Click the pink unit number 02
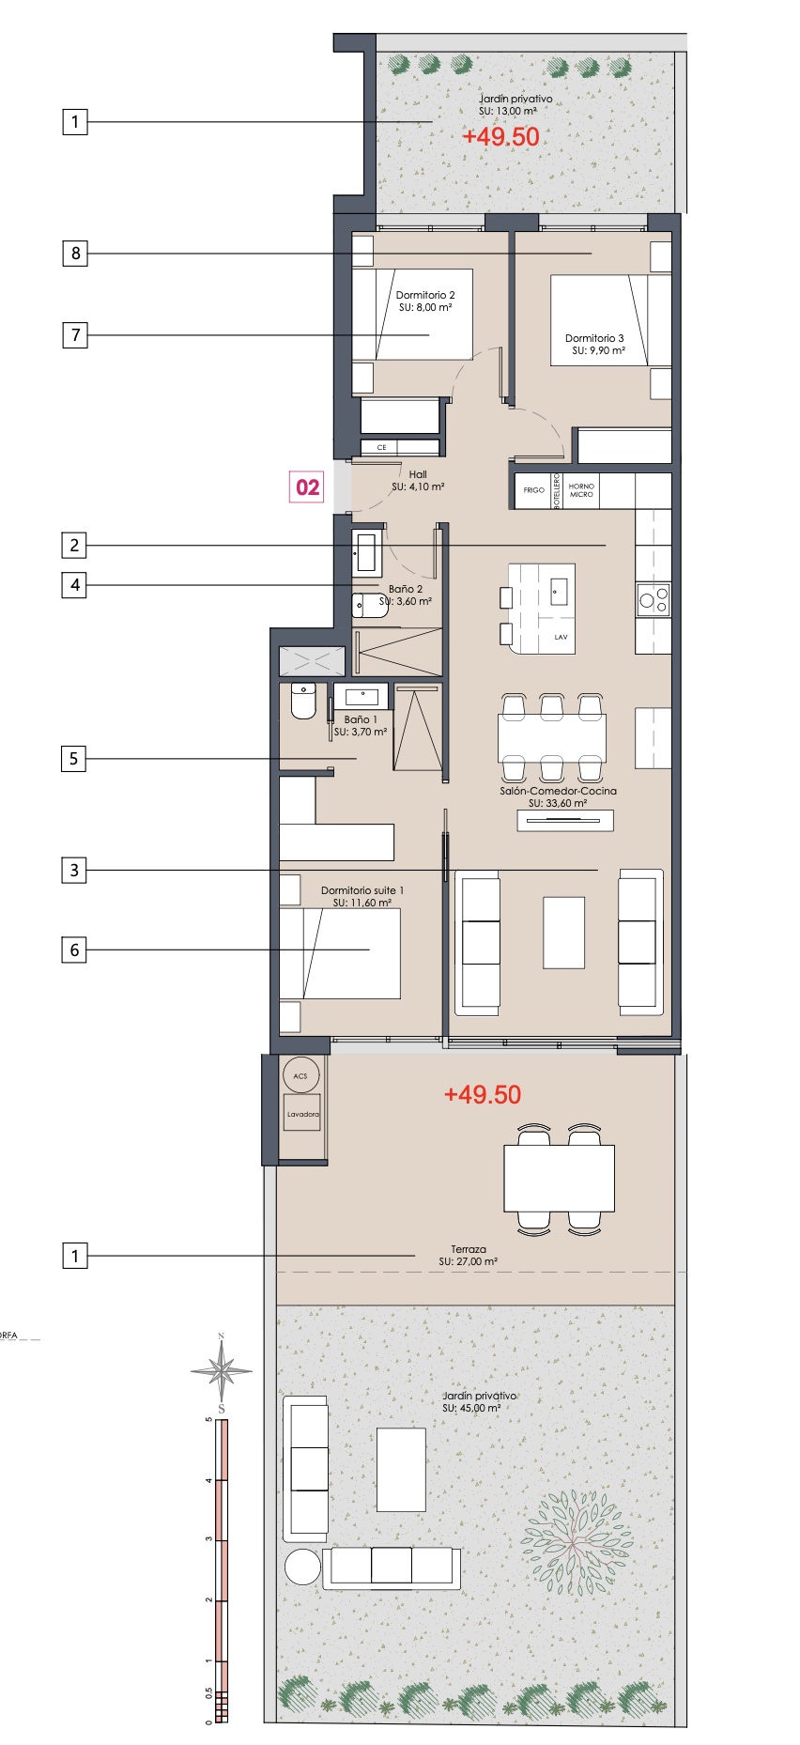coord(308,487)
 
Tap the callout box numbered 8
coord(75,253)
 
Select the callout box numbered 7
coord(75,334)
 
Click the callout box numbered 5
coord(74,759)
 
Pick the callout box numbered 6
coord(74,950)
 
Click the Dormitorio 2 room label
coord(425,295)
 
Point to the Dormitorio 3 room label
coord(594,338)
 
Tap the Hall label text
coord(418,474)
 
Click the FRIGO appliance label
coord(534,490)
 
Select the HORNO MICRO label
coord(581,490)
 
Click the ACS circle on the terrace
coord(300,1075)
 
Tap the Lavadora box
coord(302,1114)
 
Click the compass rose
coord(222,1371)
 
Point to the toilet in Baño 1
coord(303,701)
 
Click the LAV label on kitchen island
coord(561,637)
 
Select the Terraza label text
coord(469,1249)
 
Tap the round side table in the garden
coord(302,1567)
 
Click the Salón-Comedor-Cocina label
coord(559,791)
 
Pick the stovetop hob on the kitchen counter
coord(654,599)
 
